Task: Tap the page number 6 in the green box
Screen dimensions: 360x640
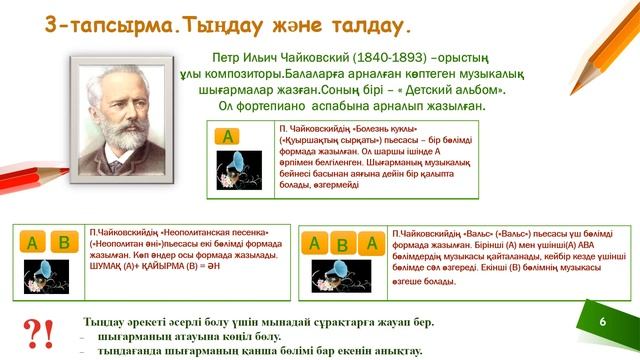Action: click(603, 322)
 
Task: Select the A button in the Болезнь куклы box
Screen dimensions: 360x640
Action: click(230, 137)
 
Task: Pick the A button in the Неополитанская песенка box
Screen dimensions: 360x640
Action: click(33, 242)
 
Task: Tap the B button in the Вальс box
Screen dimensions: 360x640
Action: click(342, 243)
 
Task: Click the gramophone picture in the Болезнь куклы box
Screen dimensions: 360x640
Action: click(239, 169)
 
